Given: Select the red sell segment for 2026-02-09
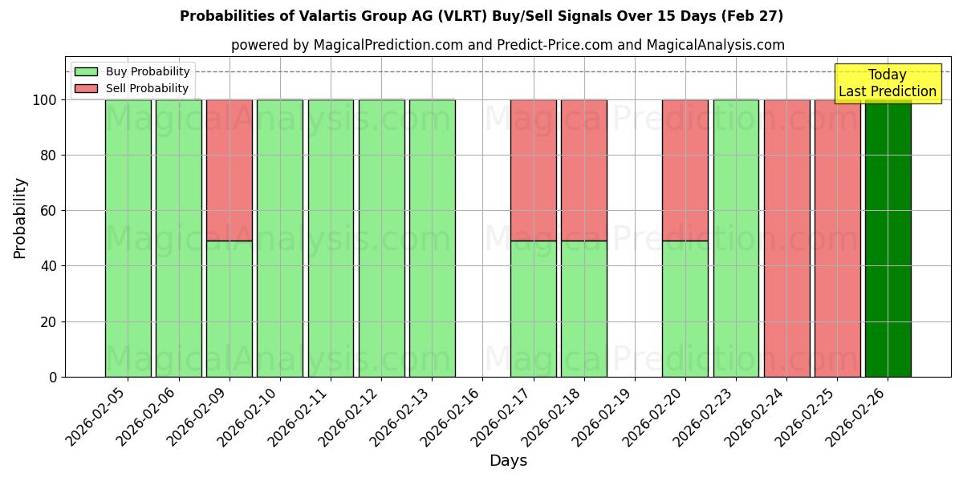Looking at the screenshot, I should coord(230,170).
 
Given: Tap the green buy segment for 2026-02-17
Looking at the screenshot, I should coord(534,309).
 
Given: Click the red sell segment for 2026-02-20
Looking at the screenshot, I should coord(685,170).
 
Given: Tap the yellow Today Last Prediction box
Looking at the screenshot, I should coord(888,83).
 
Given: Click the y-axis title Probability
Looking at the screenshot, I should coord(20,217).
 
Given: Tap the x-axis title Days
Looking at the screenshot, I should coord(508,461).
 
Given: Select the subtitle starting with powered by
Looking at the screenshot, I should coord(508,45).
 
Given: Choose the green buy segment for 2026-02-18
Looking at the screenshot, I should coord(584,309).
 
